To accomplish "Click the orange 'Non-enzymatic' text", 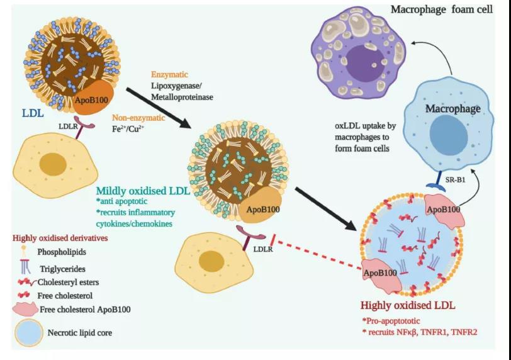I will pyautogui.click(x=138, y=118).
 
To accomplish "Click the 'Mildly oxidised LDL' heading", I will pyautogui.click(x=142, y=190).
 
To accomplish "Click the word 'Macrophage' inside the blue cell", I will pyautogui.click(x=452, y=109).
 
